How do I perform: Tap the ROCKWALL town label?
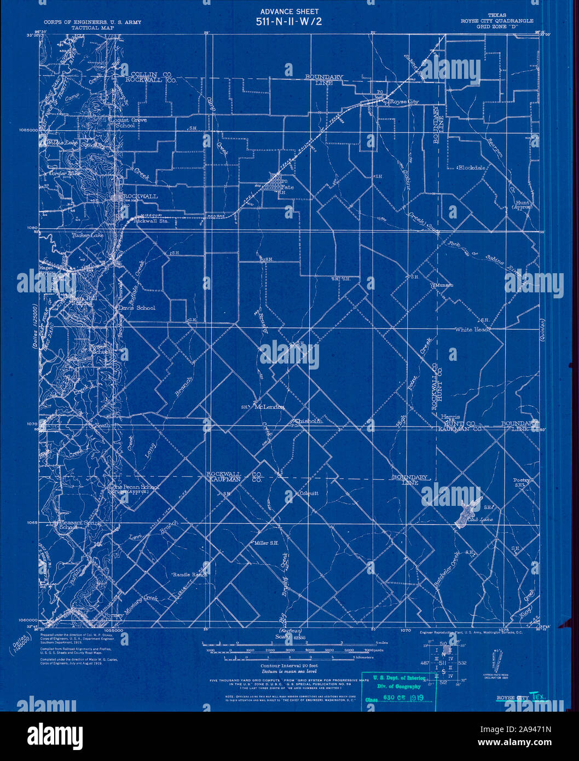click(x=140, y=196)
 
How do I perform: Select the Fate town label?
click(x=287, y=187)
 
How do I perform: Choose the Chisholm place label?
click(x=309, y=421)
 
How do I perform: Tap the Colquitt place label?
click(x=309, y=493)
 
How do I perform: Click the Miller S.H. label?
click(x=267, y=544)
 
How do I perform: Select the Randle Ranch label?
click(x=190, y=575)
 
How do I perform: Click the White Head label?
click(x=472, y=330)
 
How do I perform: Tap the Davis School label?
click(x=137, y=308)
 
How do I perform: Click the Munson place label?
click(x=444, y=285)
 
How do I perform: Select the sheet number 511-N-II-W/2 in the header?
click(x=289, y=22)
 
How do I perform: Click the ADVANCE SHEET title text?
click(x=289, y=11)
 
